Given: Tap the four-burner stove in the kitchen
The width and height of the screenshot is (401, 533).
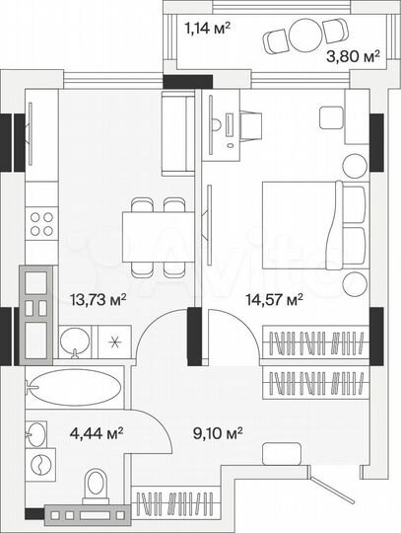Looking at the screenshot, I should pos(41,222).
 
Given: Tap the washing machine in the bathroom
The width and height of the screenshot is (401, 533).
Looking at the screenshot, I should pos(39,466).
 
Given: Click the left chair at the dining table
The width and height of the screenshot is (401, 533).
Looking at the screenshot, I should pos(142,204).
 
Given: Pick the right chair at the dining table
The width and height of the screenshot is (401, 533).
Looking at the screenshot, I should pos(173,204).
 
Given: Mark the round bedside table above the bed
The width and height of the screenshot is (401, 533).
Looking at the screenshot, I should pos(353,168).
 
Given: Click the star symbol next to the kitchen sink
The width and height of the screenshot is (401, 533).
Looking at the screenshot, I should pos(115,343).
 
